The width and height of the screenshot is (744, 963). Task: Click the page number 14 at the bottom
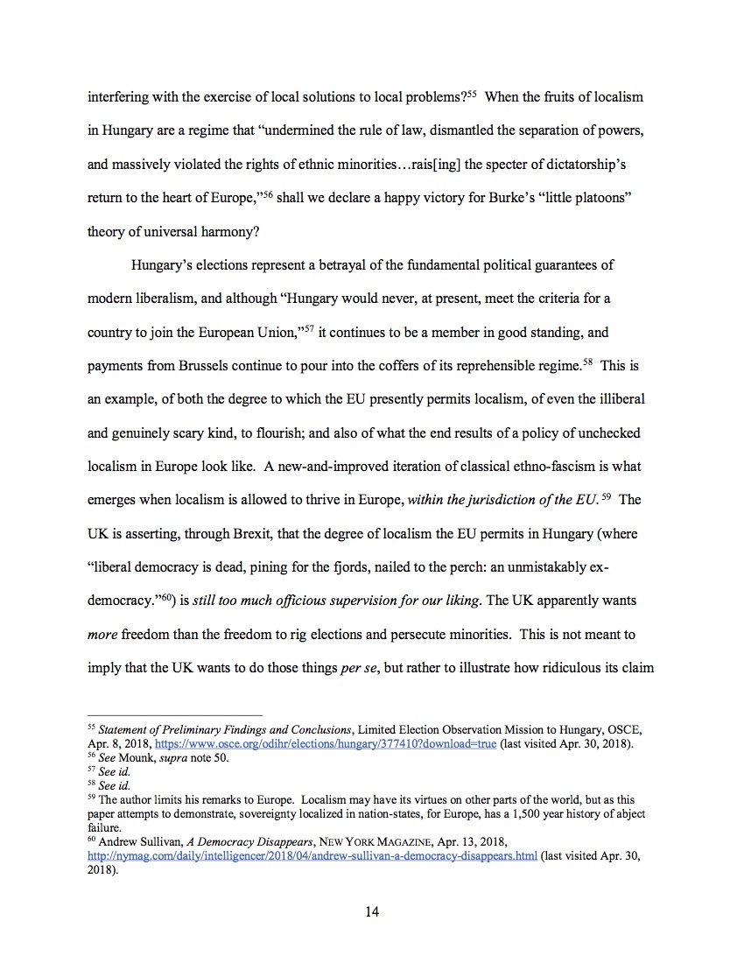coord(372,912)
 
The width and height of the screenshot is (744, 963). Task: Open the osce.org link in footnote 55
coord(326,744)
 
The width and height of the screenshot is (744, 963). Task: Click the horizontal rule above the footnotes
coord(175,715)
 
